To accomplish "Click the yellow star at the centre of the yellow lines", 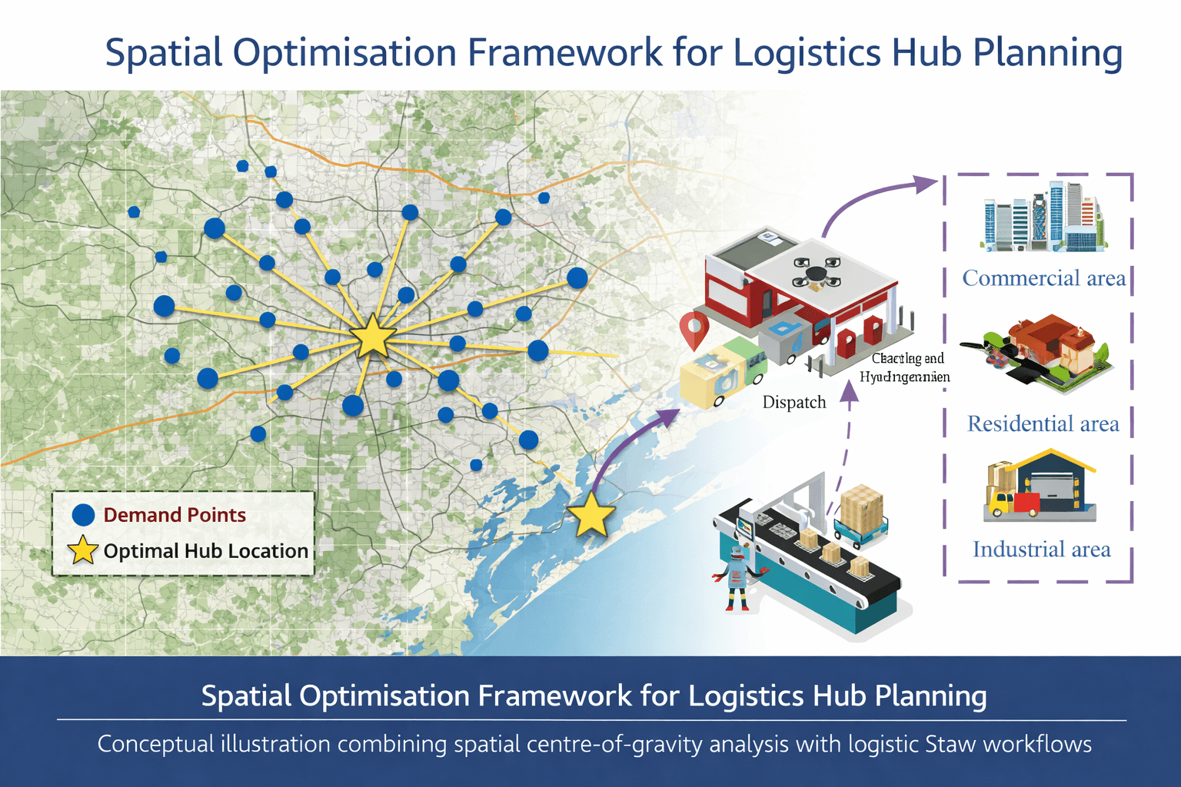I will coord(373,336).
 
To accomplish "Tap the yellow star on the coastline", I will coord(591,515).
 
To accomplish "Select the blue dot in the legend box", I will coord(83,515).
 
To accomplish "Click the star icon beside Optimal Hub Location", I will coord(83,550).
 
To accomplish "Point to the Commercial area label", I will coord(1043,278).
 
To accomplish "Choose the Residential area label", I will coord(1043,423).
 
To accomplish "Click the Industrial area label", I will coord(1041,550).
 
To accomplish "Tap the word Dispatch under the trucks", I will coord(793,402).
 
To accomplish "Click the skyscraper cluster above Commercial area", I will coord(1043,218).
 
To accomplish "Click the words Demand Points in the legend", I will coord(175,515).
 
